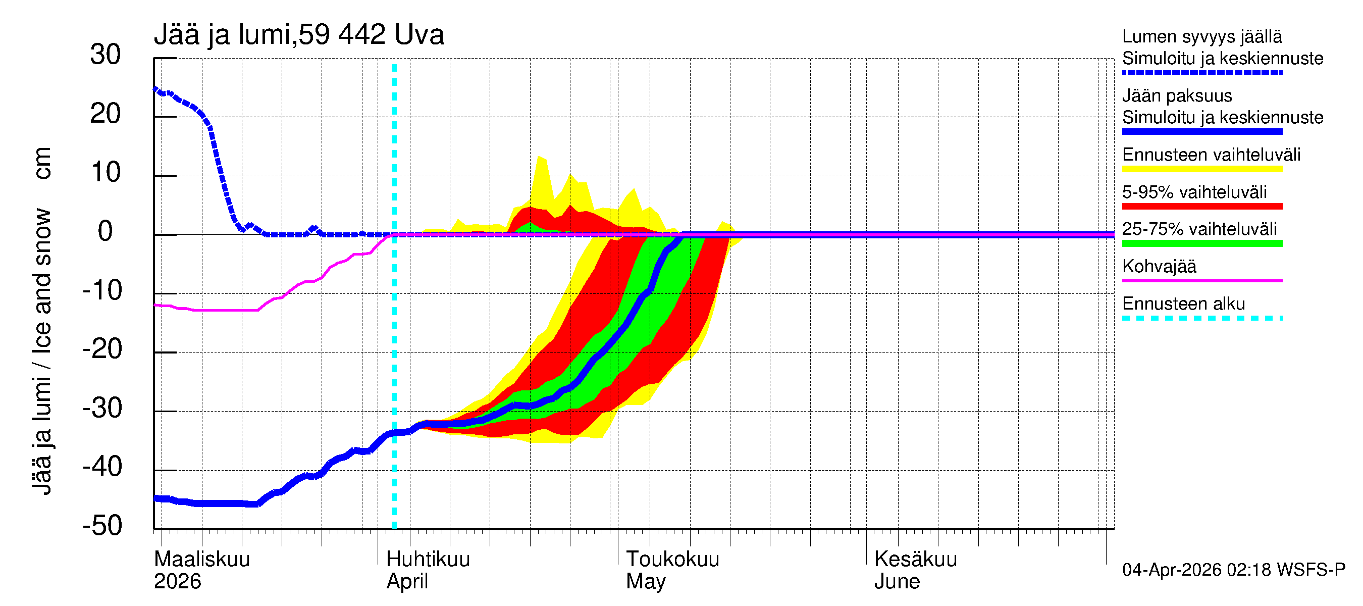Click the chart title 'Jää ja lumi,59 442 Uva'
coord(298,35)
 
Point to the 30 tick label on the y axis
coord(106,55)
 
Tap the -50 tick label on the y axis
coord(102,526)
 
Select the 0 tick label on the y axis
coord(106,231)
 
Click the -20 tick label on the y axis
coord(102,349)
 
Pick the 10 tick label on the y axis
coord(106,173)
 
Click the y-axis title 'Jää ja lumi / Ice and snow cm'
coord(42,321)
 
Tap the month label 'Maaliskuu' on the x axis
coord(201,559)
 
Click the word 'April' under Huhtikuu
coord(407,581)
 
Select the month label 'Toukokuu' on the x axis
coord(672,559)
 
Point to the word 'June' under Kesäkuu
coord(897,581)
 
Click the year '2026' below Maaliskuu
coord(177,581)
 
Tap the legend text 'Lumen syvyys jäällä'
coord(1201,36)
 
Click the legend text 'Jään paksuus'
coord(1177,96)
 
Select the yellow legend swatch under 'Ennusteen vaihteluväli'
coord(1201,169)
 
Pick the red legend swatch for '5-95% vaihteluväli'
coord(1201,207)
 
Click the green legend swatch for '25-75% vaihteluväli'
coord(1201,243)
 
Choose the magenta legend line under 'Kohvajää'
coord(1201,280)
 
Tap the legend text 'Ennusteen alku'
coord(1183,304)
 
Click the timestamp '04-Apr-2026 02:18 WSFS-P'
coord(1233,570)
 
